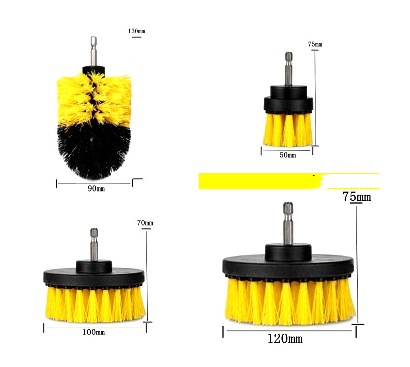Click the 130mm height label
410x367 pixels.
[137, 31]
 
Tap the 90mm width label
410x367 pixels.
[97, 188]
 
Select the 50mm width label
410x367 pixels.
[288, 155]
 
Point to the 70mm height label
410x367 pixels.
[146, 223]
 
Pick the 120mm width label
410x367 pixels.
[285, 339]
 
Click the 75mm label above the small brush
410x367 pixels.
[315, 44]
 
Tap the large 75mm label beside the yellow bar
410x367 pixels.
[357, 197]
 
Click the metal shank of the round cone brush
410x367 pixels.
[93, 51]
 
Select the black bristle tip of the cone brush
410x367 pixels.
[94, 153]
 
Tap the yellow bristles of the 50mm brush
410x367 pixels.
[288, 130]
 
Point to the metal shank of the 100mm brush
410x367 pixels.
[94, 244]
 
